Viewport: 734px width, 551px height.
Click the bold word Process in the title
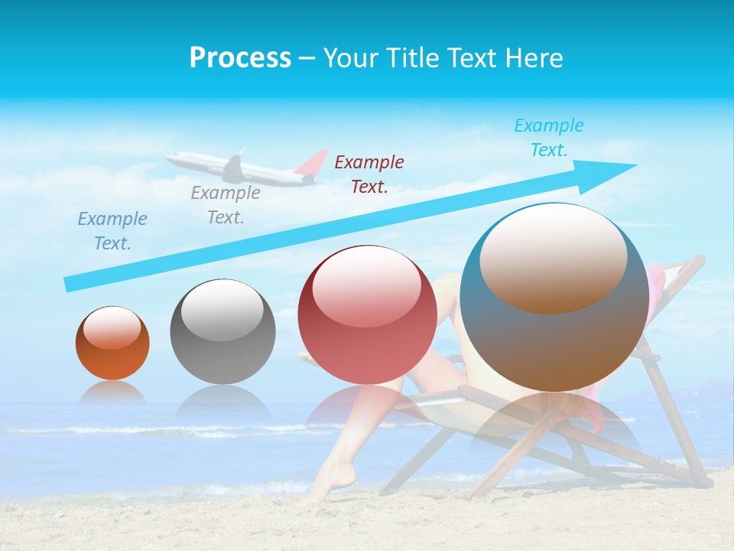[x=240, y=58]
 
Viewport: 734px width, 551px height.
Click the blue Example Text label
[x=112, y=231]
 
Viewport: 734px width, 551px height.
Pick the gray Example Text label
[x=226, y=205]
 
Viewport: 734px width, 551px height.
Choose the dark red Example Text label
[x=369, y=174]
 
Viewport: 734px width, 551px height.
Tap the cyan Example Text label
[x=549, y=138]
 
